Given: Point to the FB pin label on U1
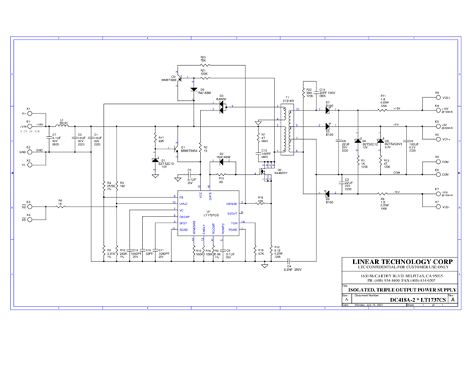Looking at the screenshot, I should pos(182,197).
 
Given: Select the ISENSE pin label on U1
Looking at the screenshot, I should pos(232,203).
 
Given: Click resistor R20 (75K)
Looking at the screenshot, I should pos(203,64).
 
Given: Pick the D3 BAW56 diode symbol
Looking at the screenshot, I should pos(221,107).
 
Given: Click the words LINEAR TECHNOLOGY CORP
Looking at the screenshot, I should pos(401,261).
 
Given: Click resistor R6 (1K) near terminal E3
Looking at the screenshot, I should pos(62,206).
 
